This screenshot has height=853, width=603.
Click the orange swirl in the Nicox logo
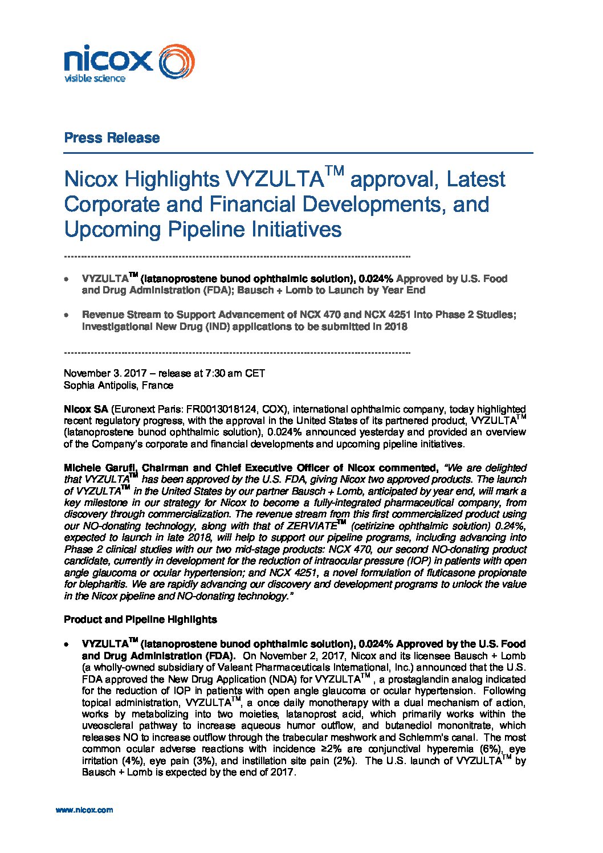pos(176,62)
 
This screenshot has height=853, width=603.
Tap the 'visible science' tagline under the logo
pos(95,79)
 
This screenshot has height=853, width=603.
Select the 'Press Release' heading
pos(112,138)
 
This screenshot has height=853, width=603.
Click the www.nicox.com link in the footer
pos(84,810)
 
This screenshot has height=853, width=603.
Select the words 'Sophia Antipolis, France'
pos(119,386)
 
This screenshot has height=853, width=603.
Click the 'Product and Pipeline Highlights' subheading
pos(140,619)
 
